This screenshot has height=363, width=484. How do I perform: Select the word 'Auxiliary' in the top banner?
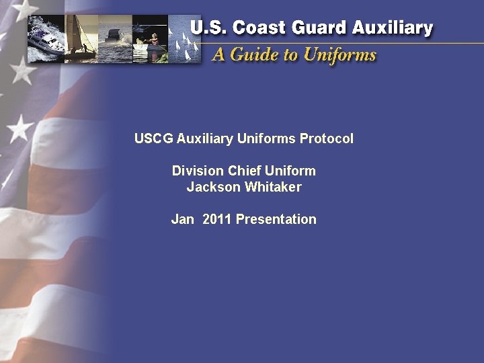point(391,28)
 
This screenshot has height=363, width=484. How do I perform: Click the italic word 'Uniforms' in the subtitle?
point(339,54)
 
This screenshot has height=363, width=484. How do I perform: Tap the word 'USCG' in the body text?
point(153,139)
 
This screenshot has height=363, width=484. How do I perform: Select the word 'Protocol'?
point(327,139)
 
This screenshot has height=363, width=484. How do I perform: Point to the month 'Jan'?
point(182,219)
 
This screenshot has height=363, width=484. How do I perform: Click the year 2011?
point(217,219)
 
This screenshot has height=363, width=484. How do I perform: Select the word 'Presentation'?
point(276,219)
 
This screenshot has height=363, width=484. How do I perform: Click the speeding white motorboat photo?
point(47,37)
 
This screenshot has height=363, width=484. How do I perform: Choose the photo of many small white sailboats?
point(184,40)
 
